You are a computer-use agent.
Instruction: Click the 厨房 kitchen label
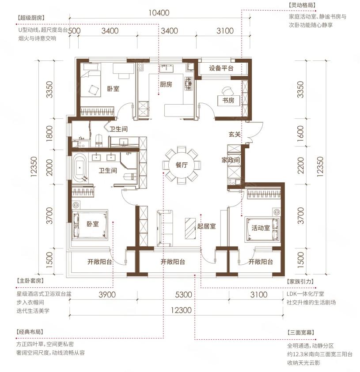(x=166, y=84)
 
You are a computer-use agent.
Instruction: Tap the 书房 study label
(x=228, y=100)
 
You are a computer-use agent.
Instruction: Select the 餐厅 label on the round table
(x=182, y=165)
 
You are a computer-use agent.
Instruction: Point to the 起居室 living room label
(x=207, y=226)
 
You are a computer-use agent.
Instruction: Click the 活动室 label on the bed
(x=261, y=228)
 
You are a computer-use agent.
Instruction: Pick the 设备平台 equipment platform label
(x=221, y=68)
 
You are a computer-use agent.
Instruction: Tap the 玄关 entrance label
(x=235, y=134)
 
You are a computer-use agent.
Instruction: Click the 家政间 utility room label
(x=231, y=160)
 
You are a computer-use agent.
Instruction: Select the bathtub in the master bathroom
(x=80, y=168)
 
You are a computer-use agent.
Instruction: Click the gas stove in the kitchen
(x=189, y=83)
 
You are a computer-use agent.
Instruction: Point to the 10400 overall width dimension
(x=159, y=12)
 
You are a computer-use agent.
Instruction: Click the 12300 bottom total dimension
(x=181, y=310)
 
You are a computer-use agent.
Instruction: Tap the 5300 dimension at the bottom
(x=183, y=295)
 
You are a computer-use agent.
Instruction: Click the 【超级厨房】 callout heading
(x=31, y=18)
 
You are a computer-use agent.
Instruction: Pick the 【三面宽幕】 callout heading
(x=301, y=332)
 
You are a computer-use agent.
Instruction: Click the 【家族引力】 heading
(x=300, y=282)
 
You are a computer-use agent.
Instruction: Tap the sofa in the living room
(x=165, y=228)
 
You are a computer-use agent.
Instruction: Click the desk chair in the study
(x=227, y=91)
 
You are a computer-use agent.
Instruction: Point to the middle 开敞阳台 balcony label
(x=173, y=262)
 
